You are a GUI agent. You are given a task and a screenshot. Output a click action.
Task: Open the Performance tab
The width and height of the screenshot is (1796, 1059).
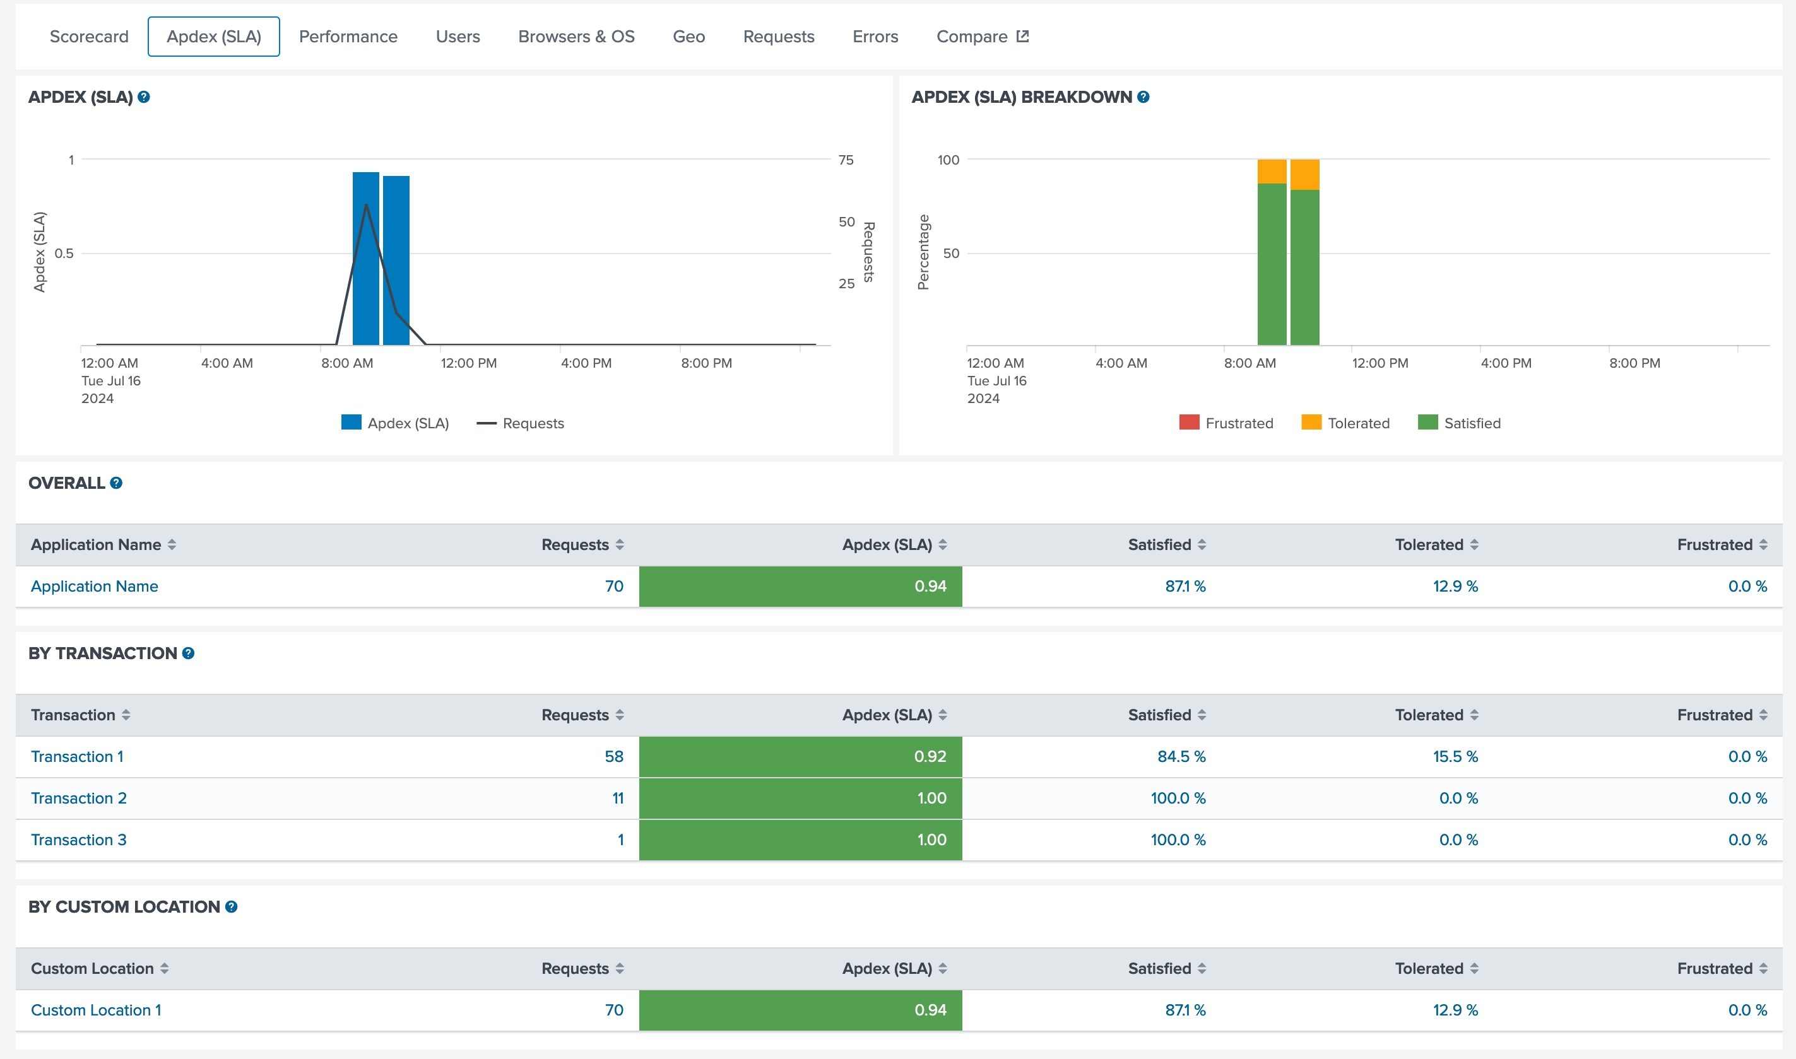[x=348, y=37]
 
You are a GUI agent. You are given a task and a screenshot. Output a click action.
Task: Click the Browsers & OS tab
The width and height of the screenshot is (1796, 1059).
[x=576, y=37]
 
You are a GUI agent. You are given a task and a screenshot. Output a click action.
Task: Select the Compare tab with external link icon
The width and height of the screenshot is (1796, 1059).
[x=981, y=37]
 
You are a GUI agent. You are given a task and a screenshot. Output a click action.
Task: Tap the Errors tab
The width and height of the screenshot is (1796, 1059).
[x=875, y=37]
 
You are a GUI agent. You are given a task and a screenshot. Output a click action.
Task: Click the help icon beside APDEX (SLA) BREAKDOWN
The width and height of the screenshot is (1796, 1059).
[x=1143, y=97]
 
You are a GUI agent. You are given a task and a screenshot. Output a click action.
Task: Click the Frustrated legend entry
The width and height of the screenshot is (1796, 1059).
[x=1226, y=423]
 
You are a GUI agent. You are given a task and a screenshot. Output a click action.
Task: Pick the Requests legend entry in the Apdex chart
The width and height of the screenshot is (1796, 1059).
[x=521, y=423]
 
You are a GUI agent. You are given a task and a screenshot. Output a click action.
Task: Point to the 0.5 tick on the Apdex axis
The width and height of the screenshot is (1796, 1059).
[x=64, y=254]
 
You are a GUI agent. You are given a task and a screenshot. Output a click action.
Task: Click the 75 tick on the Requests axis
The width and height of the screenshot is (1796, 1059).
[x=846, y=160]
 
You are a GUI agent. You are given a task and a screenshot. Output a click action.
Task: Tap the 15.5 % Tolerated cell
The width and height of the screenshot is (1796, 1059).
[x=1455, y=756]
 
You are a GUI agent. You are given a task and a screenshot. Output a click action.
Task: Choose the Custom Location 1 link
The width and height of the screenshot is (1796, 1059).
[x=96, y=1010]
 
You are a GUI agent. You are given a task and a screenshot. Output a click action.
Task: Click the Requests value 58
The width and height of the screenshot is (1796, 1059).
[x=614, y=756]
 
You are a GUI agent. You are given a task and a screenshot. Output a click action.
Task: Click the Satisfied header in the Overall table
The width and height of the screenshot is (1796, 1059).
[x=1159, y=544]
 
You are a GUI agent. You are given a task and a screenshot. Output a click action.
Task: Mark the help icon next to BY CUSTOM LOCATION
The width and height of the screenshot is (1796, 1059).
[x=231, y=907]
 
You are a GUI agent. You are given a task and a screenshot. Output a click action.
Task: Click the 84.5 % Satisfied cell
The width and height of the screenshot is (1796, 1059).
[x=1181, y=756]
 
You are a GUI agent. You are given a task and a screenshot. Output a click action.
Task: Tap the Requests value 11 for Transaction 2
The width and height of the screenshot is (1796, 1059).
[x=617, y=798]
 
